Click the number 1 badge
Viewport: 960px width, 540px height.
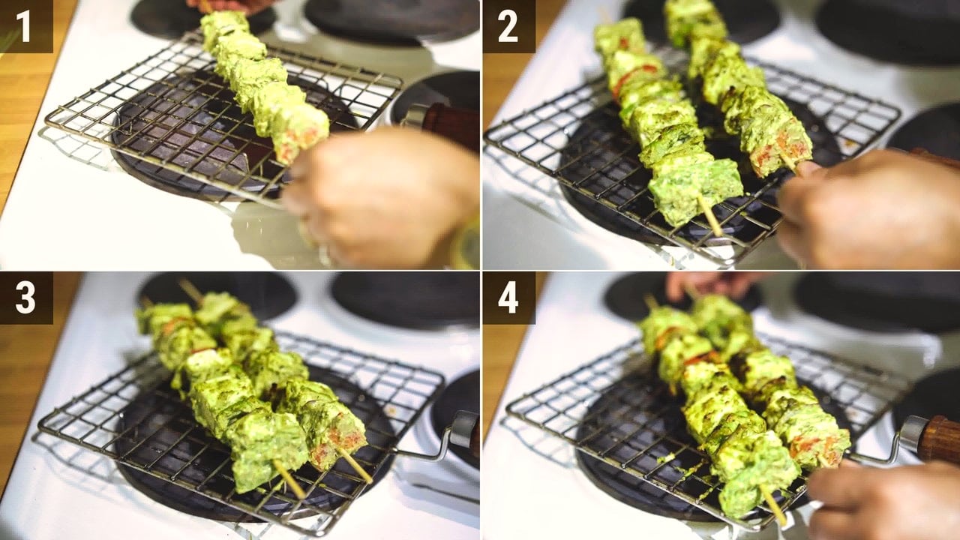(26, 26)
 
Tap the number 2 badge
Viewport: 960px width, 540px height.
(508, 26)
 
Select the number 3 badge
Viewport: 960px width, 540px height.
(26, 298)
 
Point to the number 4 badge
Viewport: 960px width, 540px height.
(508, 298)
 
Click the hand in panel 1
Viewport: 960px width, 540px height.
(382, 197)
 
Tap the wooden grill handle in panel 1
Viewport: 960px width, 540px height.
(450, 125)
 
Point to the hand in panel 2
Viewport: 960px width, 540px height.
(865, 210)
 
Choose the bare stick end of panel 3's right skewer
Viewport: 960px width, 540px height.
(355, 466)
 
